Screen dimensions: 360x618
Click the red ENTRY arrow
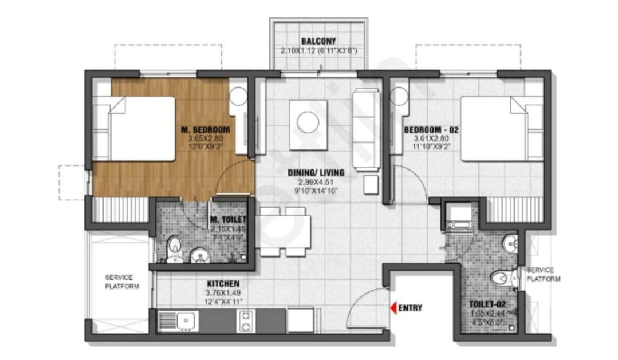tap(393, 308)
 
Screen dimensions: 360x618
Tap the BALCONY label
tap(318, 41)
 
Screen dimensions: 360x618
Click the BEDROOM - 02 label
tap(431, 130)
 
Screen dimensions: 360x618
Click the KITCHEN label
tap(223, 283)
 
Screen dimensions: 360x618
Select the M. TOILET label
tap(228, 220)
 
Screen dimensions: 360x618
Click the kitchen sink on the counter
tap(185, 321)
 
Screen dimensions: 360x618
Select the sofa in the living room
tap(366, 129)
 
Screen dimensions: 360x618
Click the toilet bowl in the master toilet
tap(174, 248)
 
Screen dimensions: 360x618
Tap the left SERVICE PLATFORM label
tap(121, 282)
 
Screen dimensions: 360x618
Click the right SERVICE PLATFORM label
tap(543, 274)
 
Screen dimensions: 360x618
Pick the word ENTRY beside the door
tap(411, 308)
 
